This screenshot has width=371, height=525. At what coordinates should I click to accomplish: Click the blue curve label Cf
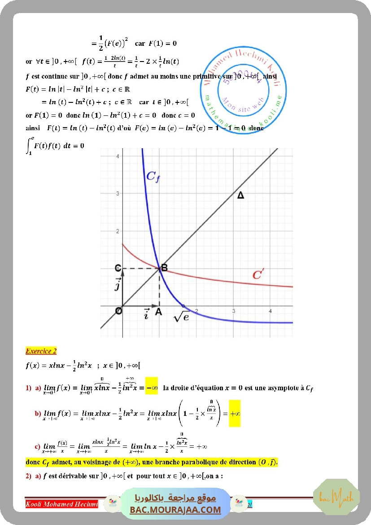click(153, 176)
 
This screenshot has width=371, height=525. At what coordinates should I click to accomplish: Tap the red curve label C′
click(258, 274)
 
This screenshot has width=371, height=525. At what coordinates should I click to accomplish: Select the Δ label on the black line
click(240, 195)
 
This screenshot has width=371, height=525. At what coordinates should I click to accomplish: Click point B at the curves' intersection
click(164, 268)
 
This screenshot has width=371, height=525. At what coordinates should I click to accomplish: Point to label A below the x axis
click(158, 312)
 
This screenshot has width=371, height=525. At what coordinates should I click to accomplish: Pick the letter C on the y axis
click(118, 268)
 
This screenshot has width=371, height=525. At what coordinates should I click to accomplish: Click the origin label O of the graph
click(118, 311)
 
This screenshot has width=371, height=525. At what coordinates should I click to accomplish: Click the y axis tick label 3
click(118, 194)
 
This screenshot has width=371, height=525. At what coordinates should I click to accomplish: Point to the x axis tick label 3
click(234, 311)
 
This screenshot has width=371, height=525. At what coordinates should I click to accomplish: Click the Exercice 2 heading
click(41, 351)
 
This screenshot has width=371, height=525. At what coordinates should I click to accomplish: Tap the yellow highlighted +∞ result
click(235, 413)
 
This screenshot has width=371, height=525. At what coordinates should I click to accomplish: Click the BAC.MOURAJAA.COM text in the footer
click(175, 510)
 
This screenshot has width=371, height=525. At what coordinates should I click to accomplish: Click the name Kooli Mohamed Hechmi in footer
click(62, 504)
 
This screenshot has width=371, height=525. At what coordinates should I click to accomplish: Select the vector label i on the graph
click(146, 313)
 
